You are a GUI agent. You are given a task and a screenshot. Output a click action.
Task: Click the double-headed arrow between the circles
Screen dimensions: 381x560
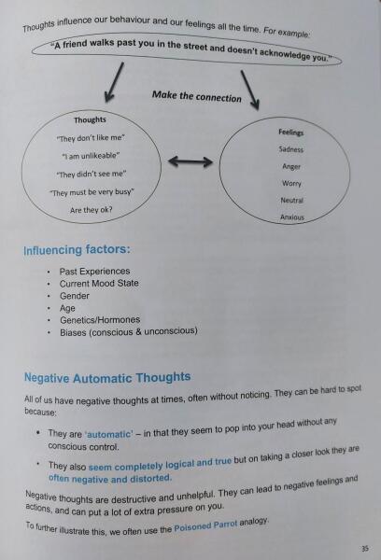[190, 161]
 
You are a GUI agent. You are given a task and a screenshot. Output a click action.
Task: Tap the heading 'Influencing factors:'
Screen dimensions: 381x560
[77, 249]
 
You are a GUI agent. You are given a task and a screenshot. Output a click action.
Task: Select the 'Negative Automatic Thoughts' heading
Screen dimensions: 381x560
[107, 377]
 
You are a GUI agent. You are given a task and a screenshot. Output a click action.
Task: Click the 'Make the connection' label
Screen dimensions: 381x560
[197, 96]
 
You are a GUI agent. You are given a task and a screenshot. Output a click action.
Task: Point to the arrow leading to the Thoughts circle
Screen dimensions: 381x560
[114, 82]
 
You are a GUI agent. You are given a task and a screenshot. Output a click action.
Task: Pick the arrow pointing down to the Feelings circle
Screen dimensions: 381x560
[250, 90]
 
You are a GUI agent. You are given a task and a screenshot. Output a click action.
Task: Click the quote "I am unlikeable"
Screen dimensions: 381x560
[91, 156]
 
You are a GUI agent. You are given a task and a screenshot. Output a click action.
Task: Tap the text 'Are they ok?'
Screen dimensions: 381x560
[92, 210]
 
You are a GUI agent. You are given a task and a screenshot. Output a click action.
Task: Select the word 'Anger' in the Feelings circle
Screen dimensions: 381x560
[291, 166]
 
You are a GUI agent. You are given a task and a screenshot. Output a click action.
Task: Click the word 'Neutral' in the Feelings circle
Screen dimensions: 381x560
[291, 201]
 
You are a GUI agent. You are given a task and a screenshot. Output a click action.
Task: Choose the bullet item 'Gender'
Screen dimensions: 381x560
[75, 296]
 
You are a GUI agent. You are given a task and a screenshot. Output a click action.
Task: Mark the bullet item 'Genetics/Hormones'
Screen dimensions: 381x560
[100, 320]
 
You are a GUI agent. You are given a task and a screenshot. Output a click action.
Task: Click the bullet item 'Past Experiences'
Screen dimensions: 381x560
[94, 272]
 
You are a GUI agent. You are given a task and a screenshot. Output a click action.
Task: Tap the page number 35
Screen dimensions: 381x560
[364, 549]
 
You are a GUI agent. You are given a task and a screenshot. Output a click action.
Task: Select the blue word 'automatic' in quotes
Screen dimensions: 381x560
[109, 434]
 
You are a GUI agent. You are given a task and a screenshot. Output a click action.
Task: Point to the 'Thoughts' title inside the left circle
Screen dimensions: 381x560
[90, 120]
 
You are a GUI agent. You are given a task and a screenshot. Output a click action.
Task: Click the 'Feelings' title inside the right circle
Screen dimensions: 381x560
[291, 133]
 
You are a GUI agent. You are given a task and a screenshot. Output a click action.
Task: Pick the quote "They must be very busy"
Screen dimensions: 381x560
[92, 192]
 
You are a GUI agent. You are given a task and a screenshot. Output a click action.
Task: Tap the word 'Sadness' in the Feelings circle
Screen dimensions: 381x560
[291, 149]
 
